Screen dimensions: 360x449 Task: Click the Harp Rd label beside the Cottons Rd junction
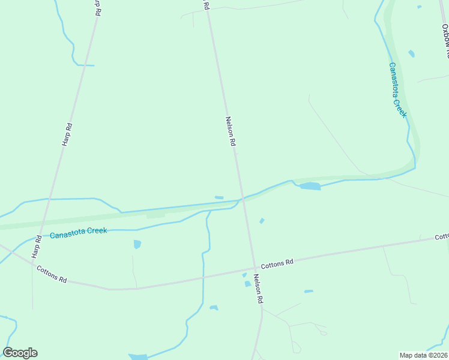[38, 245]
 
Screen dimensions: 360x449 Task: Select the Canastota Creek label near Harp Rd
[78, 231]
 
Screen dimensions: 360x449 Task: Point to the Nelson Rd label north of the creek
[231, 131]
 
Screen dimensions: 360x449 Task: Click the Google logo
[20, 353]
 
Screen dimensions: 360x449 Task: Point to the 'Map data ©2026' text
[423, 355]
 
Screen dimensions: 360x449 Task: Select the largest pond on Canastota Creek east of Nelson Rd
[310, 187]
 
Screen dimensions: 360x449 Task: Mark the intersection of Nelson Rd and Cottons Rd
[255, 268]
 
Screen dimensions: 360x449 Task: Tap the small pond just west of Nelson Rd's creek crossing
[219, 197]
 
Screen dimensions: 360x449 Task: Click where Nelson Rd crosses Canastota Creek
[243, 197]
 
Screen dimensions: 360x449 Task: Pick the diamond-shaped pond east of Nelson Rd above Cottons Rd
[262, 221]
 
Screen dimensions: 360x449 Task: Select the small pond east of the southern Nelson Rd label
[309, 292]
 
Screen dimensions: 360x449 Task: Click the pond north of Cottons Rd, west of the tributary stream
[137, 244]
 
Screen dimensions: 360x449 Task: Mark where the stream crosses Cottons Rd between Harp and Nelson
[203, 277]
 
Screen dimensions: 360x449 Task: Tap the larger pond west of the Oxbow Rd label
[411, 53]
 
